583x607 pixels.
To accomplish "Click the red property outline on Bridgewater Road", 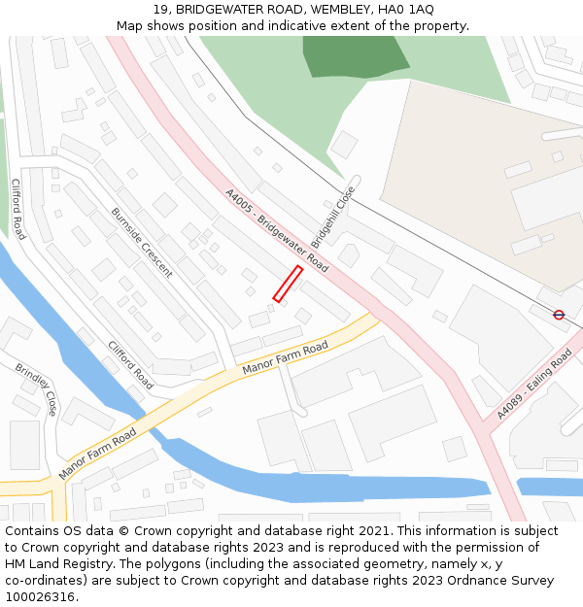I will pyautogui.click(x=287, y=284).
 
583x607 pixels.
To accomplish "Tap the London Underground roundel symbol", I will pyautogui.click(x=559, y=315).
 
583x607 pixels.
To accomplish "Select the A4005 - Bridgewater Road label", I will pyautogui.click(x=276, y=230).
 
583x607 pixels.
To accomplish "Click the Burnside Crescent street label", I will pyautogui.click(x=142, y=242).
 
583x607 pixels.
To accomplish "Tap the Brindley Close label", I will pyautogui.click(x=36, y=389).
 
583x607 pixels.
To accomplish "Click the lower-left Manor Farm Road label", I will pyautogui.click(x=97, y=442).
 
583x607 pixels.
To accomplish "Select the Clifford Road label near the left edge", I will pyautogui.click(x=18, y=209).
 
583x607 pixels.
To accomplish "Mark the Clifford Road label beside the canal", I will pyautogui.click(x=130, y=365).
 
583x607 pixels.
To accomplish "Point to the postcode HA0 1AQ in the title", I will pyautogui.click(x=409, y=9).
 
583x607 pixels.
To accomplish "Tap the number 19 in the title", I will pyautogui.click(x=160, y=9).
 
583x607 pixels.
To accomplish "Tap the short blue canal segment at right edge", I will pyautogui.click(x=550, y=487).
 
